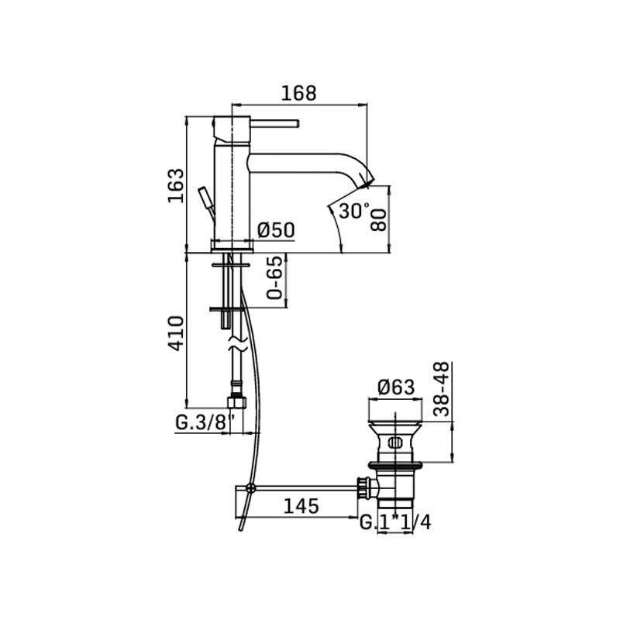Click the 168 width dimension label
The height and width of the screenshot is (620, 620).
pyautogui.click(x=299, y=93)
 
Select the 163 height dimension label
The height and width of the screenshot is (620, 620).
pyautogui.click(x=176, y=186)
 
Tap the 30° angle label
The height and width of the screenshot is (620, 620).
pyautogui.click(x=355, y=211)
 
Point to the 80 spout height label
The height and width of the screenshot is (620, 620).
pyautogui.click(x=379, y=221)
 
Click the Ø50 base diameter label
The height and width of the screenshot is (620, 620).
pyautogui.click(x=276, y=230)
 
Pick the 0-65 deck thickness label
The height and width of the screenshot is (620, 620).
pyautogui.click(x=275, y=277)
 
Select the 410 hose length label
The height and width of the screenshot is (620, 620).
pyautogui.click(x=177, y=333)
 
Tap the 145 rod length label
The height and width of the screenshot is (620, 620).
pyautogui.click(x=301, y=506)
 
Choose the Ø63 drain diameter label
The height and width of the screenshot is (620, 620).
pyautogui.click(x=396, y=387)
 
